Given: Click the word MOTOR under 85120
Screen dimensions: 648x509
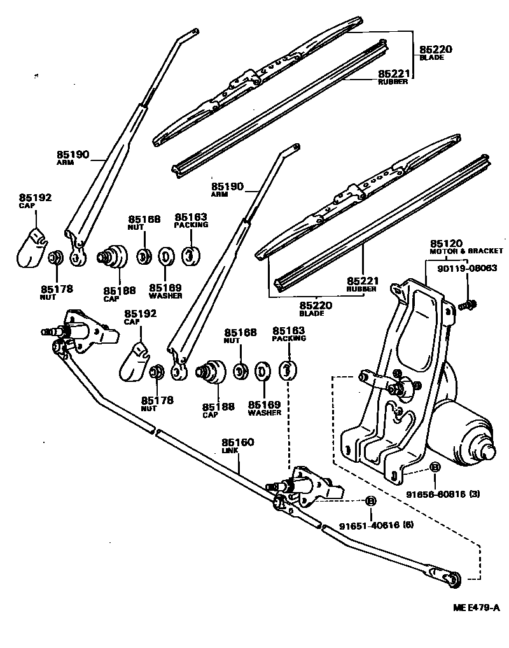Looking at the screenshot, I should click(443, 251).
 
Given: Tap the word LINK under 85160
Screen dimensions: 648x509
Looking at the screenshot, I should click(230, 451).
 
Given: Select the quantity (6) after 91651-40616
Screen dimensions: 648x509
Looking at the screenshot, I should click(408, 526).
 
